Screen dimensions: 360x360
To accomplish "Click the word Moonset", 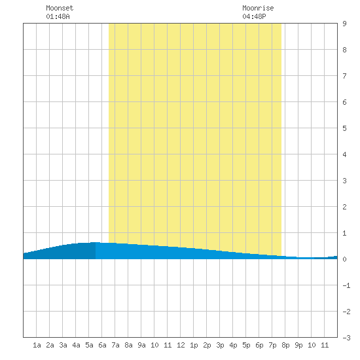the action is point(60,8).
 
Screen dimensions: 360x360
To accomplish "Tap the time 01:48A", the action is point(58,16).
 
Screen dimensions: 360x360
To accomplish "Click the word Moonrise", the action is point(258,8).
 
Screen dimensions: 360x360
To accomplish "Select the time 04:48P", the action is point(254,16).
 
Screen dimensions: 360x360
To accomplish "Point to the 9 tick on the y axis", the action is point(344,24).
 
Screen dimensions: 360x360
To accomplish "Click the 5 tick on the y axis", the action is point(344,128).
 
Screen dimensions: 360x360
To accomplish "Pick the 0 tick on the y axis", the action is point(344,259).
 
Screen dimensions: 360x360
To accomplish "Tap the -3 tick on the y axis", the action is point(346,338).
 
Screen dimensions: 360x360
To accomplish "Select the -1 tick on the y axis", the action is point(346,285).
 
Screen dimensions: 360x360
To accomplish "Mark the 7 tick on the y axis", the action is point(344,76).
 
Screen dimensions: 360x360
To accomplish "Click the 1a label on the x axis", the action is point(37,345).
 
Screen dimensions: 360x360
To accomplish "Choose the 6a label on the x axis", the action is point(102,345).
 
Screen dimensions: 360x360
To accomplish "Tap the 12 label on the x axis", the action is point(181,345).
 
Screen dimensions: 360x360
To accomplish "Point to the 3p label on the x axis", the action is point(220,345).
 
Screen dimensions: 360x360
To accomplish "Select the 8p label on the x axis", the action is point(285,345).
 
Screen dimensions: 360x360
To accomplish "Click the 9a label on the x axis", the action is point(141,345).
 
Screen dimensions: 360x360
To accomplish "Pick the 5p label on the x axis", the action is point(246,345).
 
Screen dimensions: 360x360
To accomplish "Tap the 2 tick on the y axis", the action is point(344,207).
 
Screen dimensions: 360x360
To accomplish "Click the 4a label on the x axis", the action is point(76,345).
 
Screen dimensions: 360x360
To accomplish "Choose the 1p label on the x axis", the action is point(194,345).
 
